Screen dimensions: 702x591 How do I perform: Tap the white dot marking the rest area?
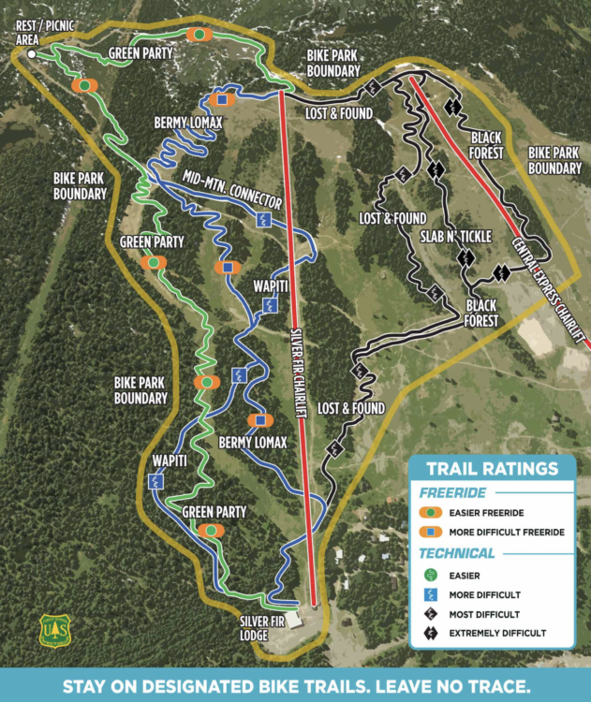pos(32,55)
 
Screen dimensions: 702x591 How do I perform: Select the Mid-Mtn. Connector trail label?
pos(232,188)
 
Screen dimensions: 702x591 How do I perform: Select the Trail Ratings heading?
pos(492,469)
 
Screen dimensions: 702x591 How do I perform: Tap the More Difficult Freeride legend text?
pos(507,532)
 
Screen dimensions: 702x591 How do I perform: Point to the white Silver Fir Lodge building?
pos(293,619)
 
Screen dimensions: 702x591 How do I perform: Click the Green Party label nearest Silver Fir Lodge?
pos(214,512)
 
